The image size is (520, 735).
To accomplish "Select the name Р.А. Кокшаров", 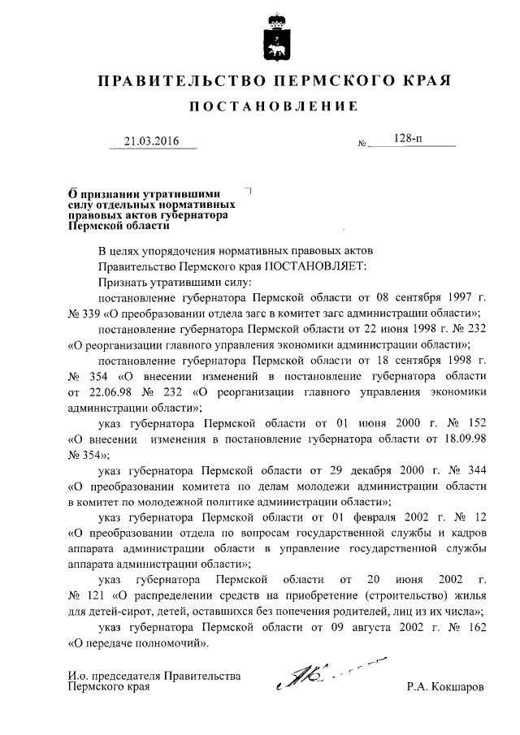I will coord(446,686).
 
